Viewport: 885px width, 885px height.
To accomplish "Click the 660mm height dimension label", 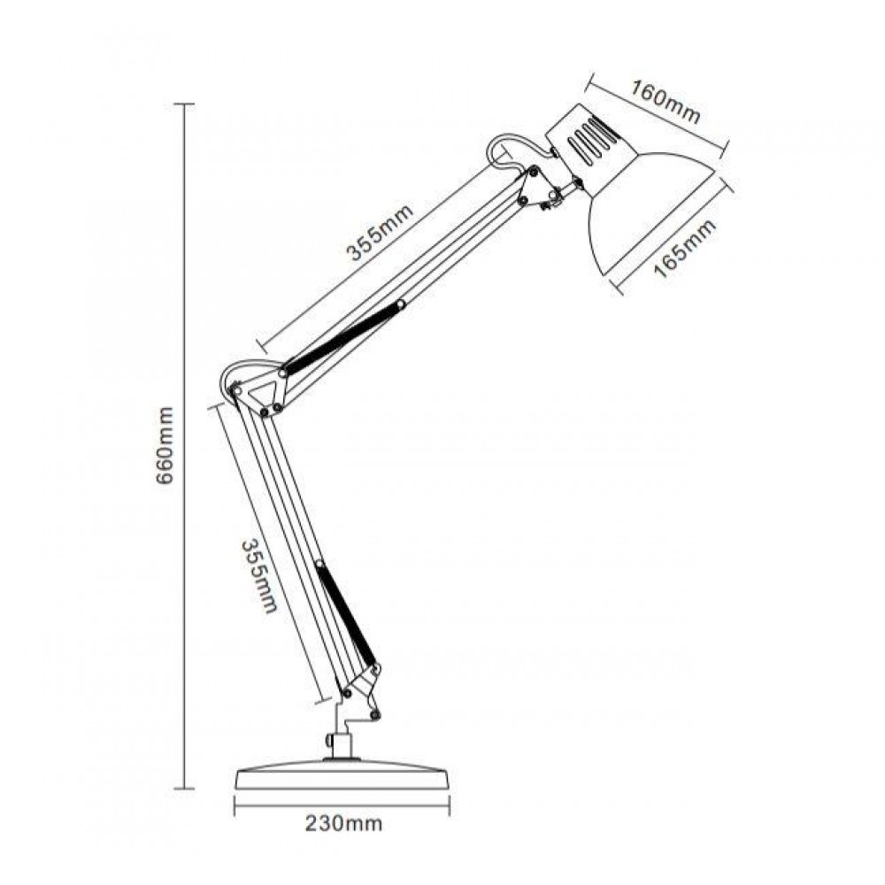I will point(165,446).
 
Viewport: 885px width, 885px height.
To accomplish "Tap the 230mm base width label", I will point(344,824).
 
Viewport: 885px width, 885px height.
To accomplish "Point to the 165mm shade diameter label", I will point(687,249).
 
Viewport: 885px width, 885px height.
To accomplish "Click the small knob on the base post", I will point(328,739).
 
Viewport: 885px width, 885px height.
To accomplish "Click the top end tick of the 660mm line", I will point(183,104).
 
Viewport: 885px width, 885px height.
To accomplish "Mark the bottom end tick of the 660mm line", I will point(183,787).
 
